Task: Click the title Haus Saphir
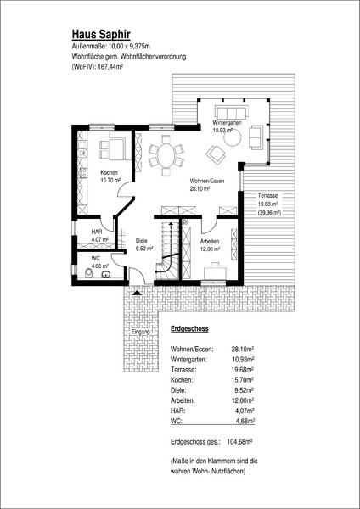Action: pos(101,34)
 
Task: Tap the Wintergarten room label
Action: pos(227,123)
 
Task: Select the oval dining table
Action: pos(166,155)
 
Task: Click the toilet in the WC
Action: pos(88,273)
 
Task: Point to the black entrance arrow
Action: pos(137,293)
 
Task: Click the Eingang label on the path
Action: pos(141,332)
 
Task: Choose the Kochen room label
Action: pos(109,173)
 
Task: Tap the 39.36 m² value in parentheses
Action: pos(268,213)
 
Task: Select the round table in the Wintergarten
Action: pos(233,139)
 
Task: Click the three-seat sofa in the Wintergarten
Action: pos(232,112)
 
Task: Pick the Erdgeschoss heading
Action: pos(189,329)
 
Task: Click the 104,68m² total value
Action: pos(241,442)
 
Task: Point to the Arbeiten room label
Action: pos(210,242)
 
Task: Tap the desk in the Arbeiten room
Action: pos(214,271)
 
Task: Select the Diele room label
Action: pos(142,241)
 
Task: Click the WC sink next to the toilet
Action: pos(105,275)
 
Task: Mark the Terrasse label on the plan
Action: pos(267,196)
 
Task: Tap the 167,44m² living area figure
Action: pos(110,67)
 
